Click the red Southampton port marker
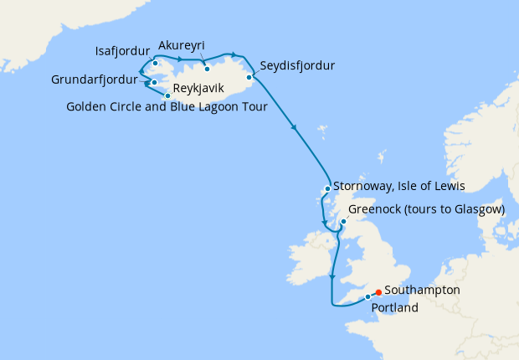pos(379,292)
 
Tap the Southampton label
pos(422,290)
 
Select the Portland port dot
pos(367,297)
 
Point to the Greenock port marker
pos(342,223)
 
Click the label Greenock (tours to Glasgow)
pos(425,209)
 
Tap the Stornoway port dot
pos(327,188)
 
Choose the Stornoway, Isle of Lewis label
pos(398,185)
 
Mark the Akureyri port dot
pos(206,69)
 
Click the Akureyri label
pos(182,45)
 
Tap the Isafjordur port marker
pos(156,63)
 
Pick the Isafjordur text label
pos(124,49)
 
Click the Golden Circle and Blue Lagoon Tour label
pos(166,106)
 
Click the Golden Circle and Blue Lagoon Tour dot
pos(167,95)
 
